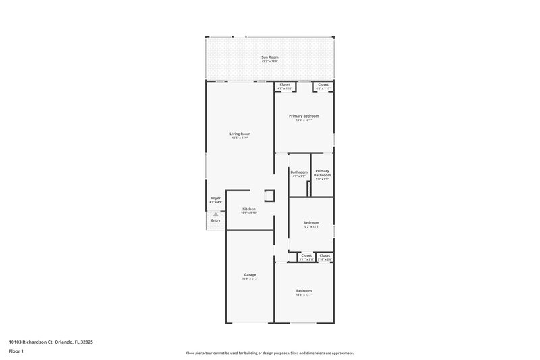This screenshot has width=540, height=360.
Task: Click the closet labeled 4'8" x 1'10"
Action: [x=285, y=86]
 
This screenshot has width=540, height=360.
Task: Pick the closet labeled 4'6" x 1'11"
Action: [x=323, y=86]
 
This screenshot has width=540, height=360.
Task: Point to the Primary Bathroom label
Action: [x=322, y=174]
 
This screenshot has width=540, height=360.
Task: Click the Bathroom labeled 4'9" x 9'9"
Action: [x=299, y=174]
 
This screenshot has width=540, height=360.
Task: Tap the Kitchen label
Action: [x=249, y=210]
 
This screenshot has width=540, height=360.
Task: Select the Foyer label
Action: [x=215, y=199]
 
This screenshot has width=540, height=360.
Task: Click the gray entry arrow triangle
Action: [x=216, y=214]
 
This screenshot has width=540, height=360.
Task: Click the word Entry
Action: [x=216, y=220]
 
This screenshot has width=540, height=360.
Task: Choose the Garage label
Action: [x=250, y=276]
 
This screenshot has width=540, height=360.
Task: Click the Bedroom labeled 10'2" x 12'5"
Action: [x=310, y=224]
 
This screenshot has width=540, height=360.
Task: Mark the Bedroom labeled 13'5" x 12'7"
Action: [x=304, y=292]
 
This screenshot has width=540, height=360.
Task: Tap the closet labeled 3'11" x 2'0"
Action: [x=306, y=257]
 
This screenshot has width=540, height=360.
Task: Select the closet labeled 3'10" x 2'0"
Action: [x=325, y=257]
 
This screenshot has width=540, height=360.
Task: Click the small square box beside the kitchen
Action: [x=269, y=196]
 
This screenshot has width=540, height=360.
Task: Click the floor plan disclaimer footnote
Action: [x=270, y=353]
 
